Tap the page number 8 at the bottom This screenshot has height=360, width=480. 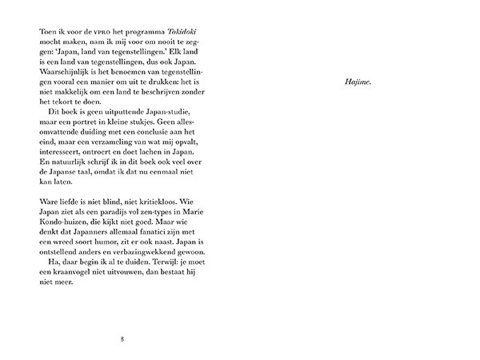(121, 337)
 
